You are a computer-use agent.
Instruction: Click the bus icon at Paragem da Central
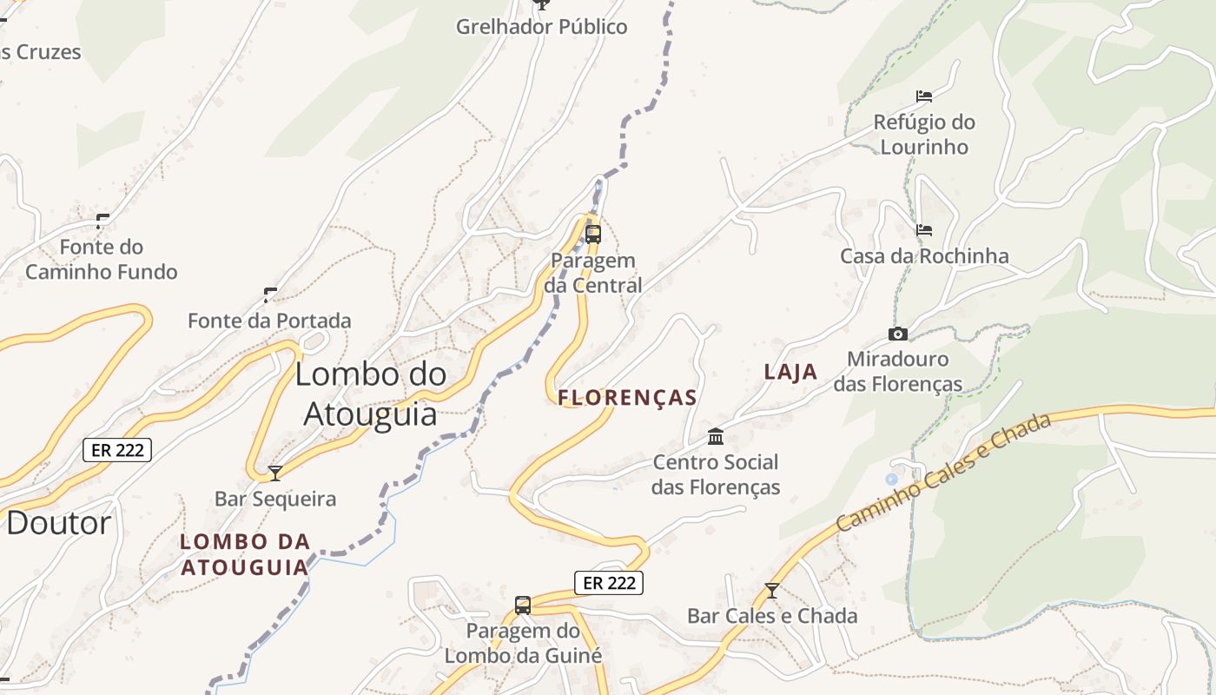[593, 234]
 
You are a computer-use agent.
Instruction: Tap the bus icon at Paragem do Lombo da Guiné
[523, 605]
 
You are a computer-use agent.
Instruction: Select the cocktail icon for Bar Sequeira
[275, 473]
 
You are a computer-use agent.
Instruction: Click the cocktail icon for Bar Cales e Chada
[771, 591]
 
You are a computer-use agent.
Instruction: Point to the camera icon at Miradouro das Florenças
[897, 334]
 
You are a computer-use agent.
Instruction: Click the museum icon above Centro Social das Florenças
[716, 435]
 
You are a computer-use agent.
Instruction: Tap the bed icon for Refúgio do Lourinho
[924, 96]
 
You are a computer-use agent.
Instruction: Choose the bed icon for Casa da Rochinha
[924, 230]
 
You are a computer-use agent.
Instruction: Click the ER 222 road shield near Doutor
[118, 450]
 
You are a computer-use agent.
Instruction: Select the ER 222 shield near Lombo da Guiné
[609, 583]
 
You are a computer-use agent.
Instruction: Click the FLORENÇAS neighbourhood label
[627, 398]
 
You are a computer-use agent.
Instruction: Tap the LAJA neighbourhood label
[790, 372]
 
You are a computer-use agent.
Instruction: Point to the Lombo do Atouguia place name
[371, 394]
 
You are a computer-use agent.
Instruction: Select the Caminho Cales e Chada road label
[943, 471]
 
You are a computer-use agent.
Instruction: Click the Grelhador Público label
[542, 27]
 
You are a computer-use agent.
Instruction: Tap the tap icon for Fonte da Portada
[270, 295]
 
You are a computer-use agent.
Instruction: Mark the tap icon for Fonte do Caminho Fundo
[102, 221]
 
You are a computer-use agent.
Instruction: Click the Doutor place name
[59, 523]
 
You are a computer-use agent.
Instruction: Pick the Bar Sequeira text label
[275, 499]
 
